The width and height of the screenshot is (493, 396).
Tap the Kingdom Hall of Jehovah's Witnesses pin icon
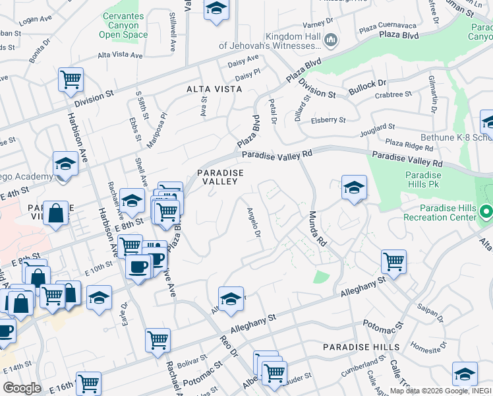[x=332, y=41]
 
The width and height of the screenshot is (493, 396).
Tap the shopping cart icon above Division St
[x=71, y=80]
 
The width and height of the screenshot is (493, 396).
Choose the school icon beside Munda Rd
[x=354, y=187]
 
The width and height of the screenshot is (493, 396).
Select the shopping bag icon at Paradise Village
[x=57, y=214]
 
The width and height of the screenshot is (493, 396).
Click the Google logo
[x=22, y=387]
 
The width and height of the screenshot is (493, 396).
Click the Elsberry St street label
[x=329, y=120]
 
